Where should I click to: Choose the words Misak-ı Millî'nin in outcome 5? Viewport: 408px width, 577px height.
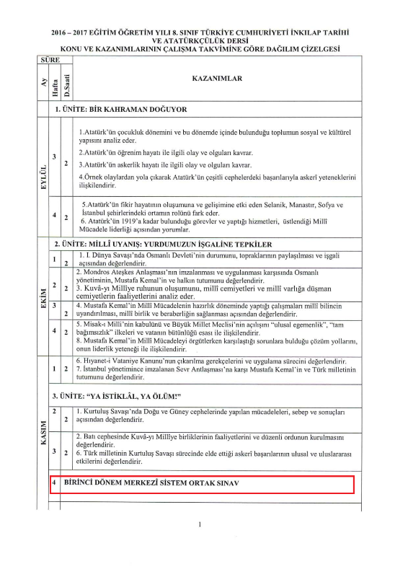(x=105, y=325)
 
